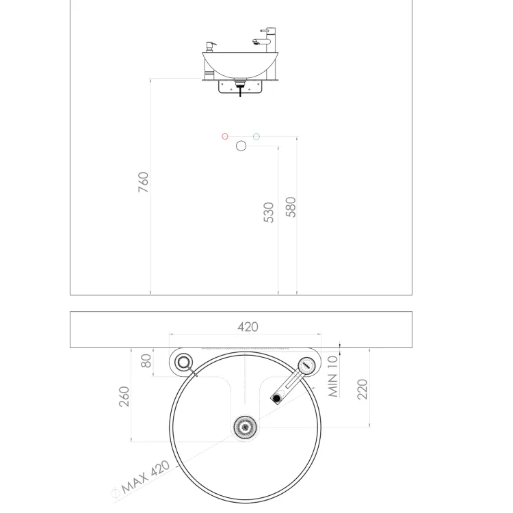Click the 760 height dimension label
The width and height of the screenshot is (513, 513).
(x=144, y=182)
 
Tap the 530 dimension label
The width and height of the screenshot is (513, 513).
(x=269, y=213)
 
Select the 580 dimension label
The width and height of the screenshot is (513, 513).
(x=291, y=207)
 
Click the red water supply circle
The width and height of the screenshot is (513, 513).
(x=225, y=136)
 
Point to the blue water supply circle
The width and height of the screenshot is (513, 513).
(x=256, y=136)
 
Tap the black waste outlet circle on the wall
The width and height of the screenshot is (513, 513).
(x=241, y=146)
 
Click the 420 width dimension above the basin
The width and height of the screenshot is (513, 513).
(x=248, y=327)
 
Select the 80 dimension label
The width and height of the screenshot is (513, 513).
(x=146, y=361)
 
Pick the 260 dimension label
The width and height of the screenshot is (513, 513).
(x=124, y=397)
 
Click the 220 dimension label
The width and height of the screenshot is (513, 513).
(x=362, y=389)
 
